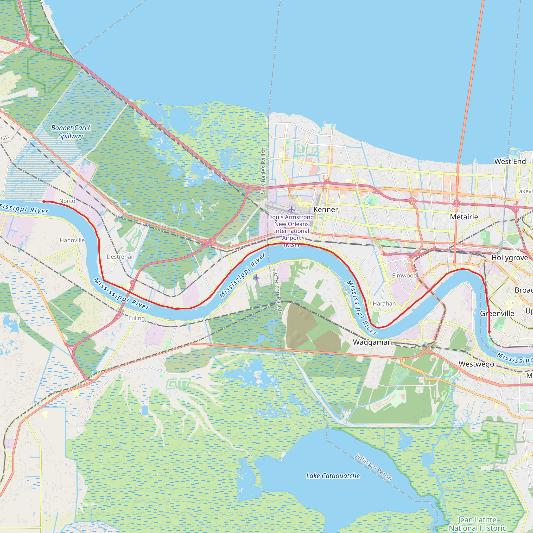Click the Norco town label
[x=67, y=201]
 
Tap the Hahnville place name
[x=72, y=240]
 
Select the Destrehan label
[x=120, y=257]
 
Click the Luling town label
[x=137, y=318]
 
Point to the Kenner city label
[x=326, y=210]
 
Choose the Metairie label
[x=464, y=217]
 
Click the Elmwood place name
[x=404, y=275]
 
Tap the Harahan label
[x=384, y=303]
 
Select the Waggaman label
[x=372, y=342]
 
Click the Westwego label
[x=476, y=364]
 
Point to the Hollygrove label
[x=510, y=258]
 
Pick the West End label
[x=510, y=161]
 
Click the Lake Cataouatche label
[x=333, y=476]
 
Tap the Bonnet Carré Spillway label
[x=71, y=132]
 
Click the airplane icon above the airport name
[x=291, y=210]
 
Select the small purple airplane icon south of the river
[x=257, y=277]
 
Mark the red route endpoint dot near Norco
[x=43, y=202]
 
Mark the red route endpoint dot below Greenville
[x=489, y=332]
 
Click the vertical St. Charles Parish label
[x=263, y=171]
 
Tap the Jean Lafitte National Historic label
[x=477, y=524]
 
